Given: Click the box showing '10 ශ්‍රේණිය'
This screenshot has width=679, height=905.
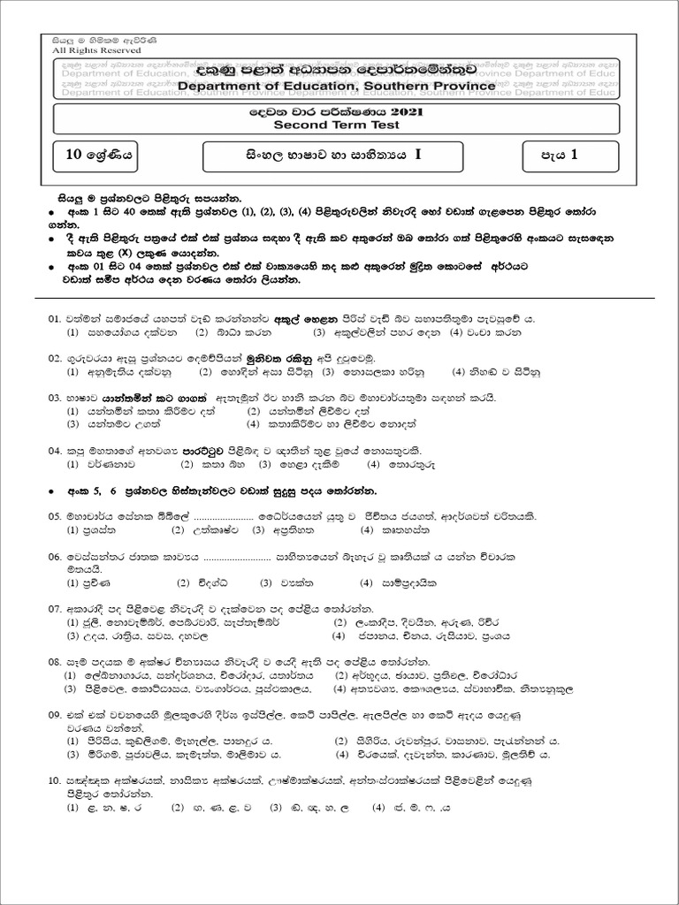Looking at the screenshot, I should [x=98, y=156].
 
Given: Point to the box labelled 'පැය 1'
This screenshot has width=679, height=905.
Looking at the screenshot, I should [x=559, y=156].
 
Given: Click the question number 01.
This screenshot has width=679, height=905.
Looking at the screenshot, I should [x=55, y=318].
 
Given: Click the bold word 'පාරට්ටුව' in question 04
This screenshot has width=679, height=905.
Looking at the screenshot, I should [x=206, y=448].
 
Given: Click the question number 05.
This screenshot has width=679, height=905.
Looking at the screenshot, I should [x=55, y=515].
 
